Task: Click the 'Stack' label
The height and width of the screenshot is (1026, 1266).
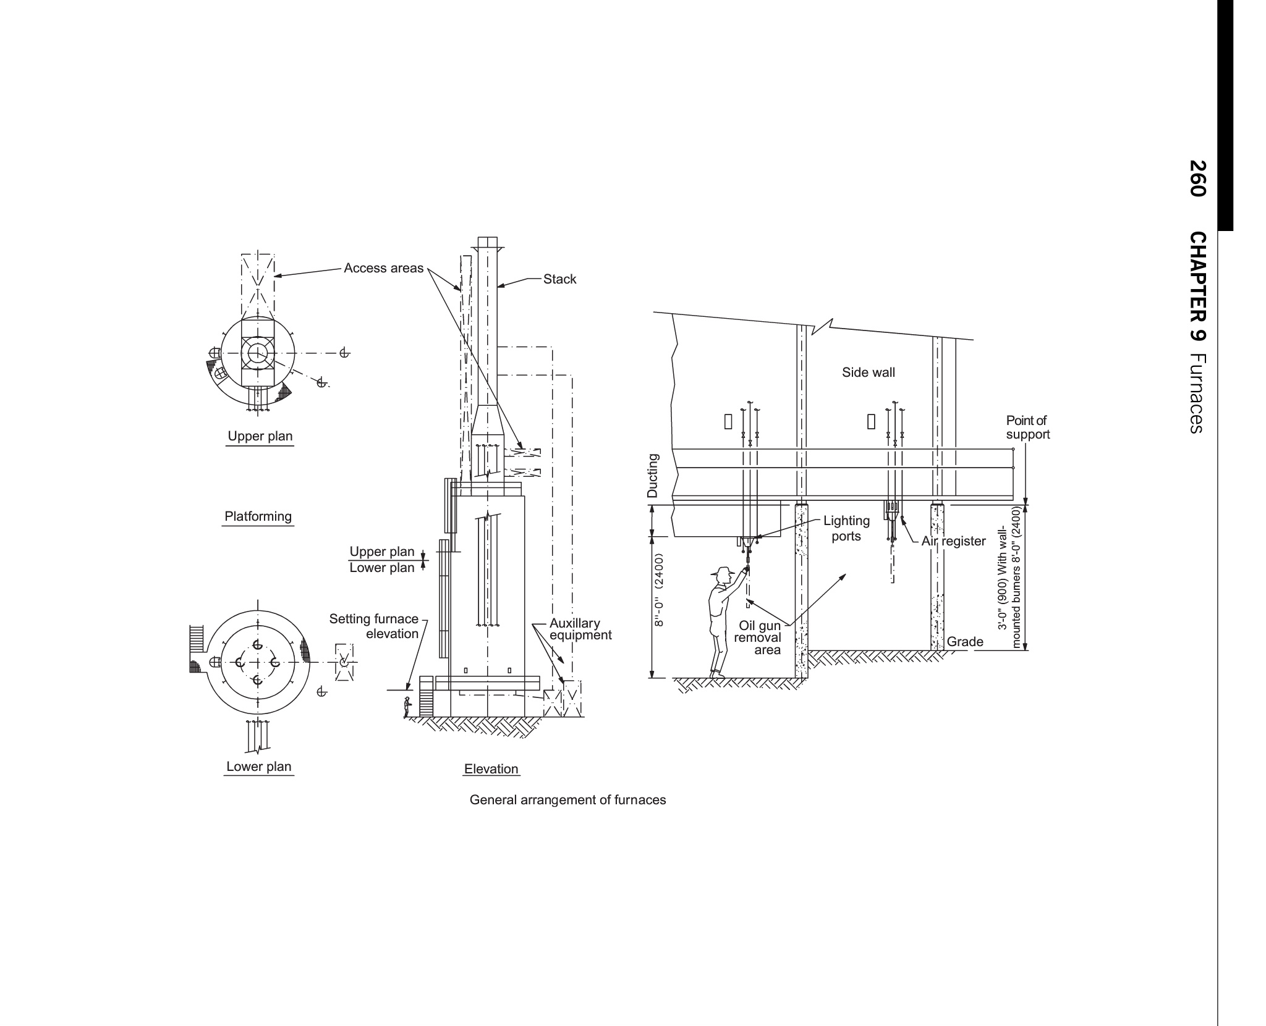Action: tap(559, 279)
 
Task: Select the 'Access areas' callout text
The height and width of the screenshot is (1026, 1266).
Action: tap(383, 268)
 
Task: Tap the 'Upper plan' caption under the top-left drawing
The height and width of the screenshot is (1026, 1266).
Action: tap(260, 436)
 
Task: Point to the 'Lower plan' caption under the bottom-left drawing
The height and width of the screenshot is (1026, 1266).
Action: tap(258, 767)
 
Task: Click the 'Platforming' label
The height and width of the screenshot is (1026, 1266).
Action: tap(258, 516)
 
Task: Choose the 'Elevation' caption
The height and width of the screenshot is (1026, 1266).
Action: tap(491, 769)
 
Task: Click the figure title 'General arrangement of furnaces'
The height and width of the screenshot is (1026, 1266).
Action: tap(567, 800)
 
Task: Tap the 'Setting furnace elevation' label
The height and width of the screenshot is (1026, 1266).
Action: tap(374, 626)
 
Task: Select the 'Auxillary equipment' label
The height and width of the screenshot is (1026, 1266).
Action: tap(580, 629)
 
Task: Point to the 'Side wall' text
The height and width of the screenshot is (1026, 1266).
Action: tap(868, 372)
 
